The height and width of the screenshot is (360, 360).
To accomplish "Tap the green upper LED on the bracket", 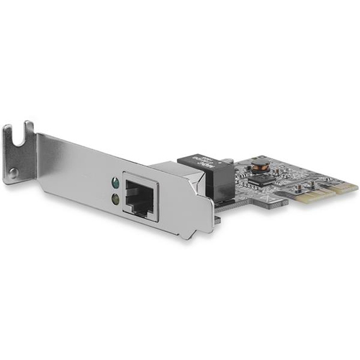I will pyautogui.click(x=113, y=181).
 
